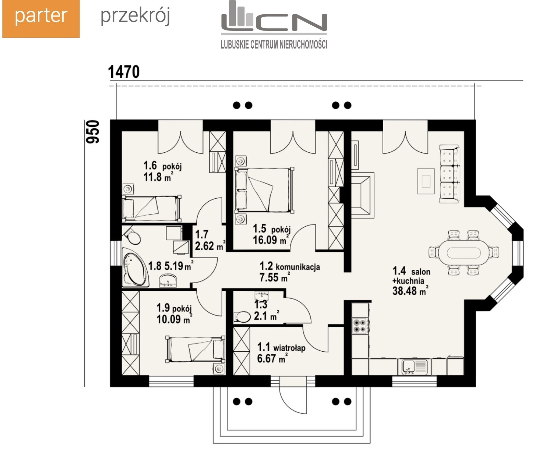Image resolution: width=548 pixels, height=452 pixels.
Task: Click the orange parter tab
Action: point(41,19)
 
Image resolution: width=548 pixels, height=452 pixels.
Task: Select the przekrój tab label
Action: point(135,16)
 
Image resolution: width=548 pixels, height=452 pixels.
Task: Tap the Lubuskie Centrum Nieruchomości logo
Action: point(274,25)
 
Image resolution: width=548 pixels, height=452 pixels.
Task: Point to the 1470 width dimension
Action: point(124,72)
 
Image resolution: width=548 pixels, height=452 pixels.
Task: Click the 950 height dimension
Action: point(92,132)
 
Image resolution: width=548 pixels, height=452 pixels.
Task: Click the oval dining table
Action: point(464,253)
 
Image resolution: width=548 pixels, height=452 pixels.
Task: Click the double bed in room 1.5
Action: point(264,190)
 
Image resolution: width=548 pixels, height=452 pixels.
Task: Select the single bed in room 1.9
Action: point(196,349)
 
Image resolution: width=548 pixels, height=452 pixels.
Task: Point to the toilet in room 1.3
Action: point(242,317)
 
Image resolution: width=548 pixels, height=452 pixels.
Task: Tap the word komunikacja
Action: point(298,267)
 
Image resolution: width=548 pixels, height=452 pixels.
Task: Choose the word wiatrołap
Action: point(289,348)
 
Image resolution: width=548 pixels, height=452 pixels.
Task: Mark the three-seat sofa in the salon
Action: point(449,174)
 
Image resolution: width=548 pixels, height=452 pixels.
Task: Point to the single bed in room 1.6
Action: point(151,208)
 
